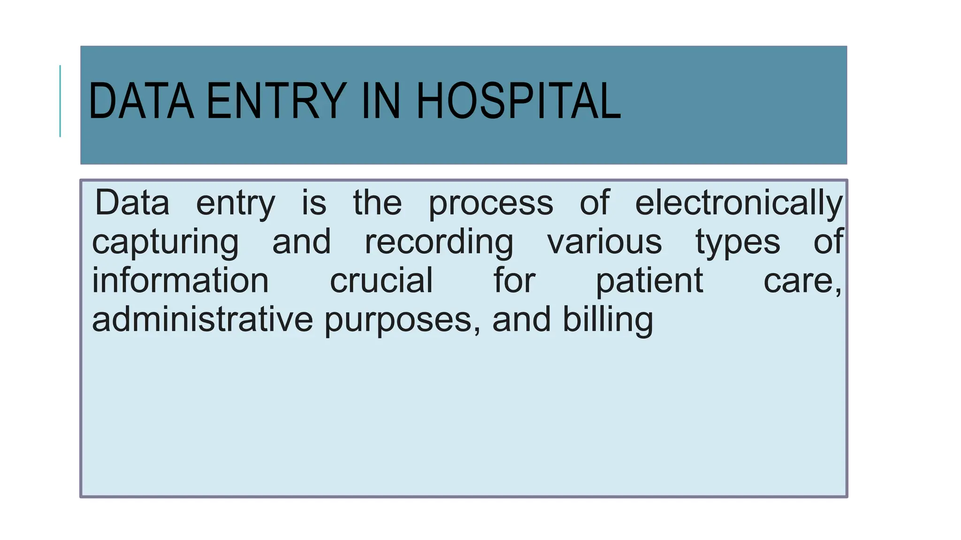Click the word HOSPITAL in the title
point(519,101)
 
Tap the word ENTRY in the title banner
point(276,101)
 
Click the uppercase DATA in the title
point(141,101)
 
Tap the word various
point(604,242)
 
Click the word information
point(180,280)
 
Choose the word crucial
point(381,280)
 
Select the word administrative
point(202,320)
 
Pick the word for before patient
point(514,280)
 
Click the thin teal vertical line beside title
point(60,101)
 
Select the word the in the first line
point(377,203)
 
